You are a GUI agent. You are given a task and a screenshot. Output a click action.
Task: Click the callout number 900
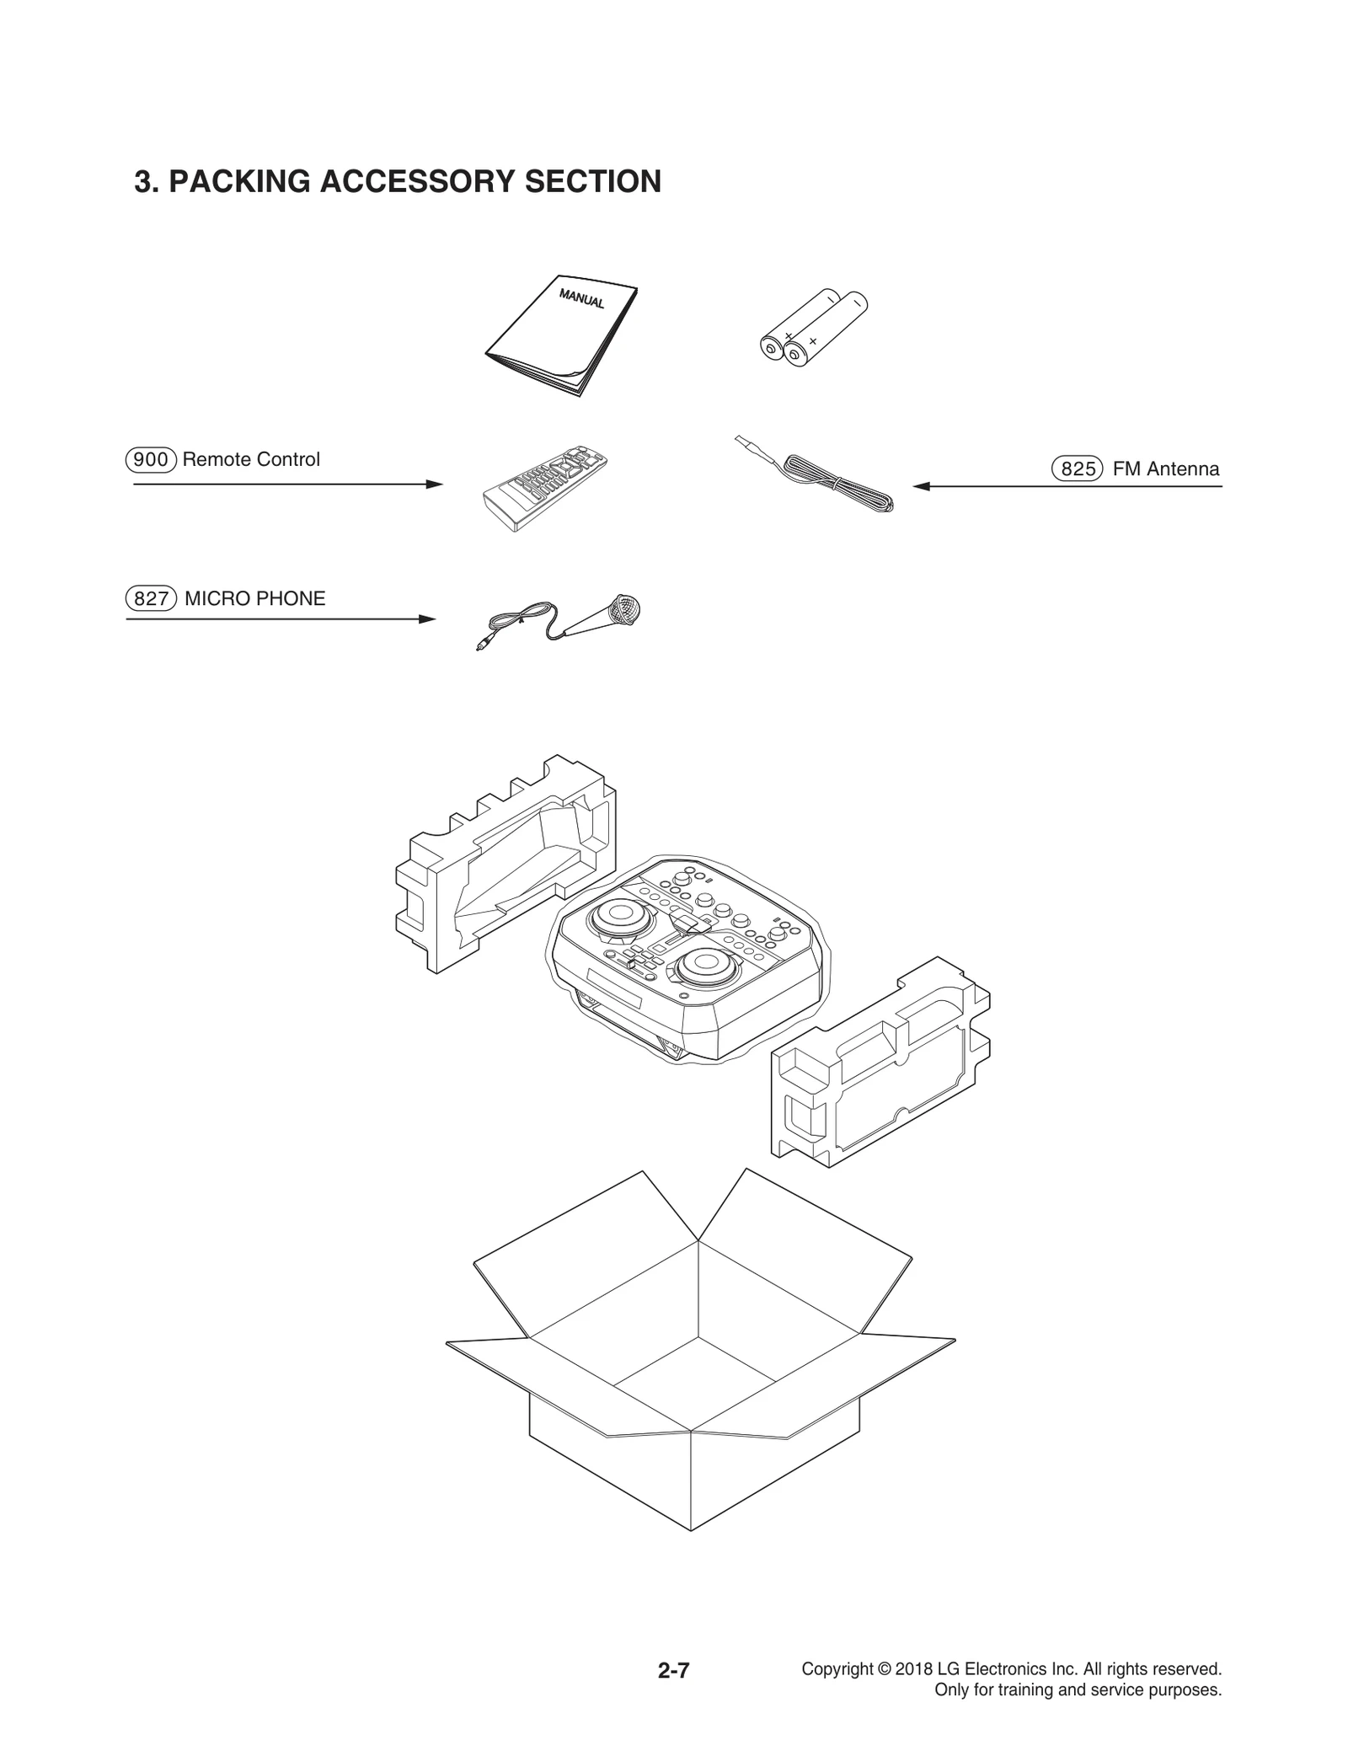pos(152,460)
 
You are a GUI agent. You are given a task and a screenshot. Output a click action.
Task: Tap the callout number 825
pos(1078,469)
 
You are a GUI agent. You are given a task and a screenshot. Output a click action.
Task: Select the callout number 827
pos(152,599)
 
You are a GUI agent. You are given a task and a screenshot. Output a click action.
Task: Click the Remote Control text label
pos(251,460)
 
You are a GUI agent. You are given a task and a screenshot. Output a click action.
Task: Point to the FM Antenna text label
pos(1165,469)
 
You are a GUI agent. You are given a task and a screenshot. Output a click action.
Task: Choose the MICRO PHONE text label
pos(254,599)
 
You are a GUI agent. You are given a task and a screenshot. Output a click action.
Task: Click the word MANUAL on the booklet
pos(581,299)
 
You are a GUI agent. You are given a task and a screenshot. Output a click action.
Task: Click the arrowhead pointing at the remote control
pos(435,485)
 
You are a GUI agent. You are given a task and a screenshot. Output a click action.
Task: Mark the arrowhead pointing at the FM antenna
pos(922,486)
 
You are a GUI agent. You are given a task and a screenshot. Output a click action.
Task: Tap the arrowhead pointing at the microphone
pos(428,619)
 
